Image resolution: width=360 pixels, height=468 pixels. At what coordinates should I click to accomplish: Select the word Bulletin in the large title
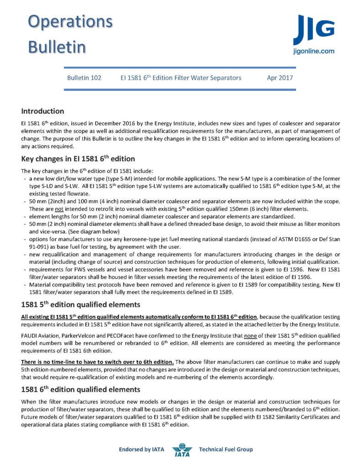click(57, 47)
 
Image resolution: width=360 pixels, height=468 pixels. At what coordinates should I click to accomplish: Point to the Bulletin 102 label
click(84, 78)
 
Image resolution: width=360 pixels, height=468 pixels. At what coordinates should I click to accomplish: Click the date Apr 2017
click(280, 78)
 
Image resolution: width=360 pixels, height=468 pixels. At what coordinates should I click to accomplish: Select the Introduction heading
click(43, 111)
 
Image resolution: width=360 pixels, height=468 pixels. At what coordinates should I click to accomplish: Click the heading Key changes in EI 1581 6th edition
click(78, 159)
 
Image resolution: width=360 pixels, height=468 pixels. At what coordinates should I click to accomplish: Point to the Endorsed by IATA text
click(141, 450)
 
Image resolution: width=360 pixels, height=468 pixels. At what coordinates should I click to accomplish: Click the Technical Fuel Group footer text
click(226, 450)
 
